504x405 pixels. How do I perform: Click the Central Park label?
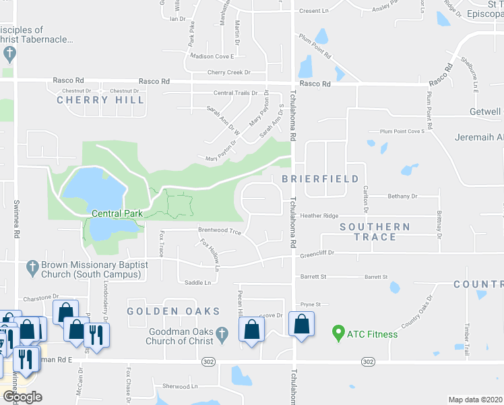(x=117, y=213)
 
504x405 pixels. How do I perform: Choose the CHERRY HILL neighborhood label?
(x=100, y=100)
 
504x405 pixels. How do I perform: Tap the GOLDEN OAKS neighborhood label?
(x=174, y=311)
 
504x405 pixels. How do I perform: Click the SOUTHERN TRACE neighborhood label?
(x=375, y=232)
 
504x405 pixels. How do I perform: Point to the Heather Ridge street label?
(x=319, y=215)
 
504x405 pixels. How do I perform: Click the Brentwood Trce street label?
(x=219, y=231)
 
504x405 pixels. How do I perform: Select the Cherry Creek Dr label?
(x=228, y=72)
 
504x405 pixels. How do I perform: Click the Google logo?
(x=22, y=396)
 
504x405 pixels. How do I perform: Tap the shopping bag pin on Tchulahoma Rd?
(x=301, y=324)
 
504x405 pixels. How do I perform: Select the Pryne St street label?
(x=310, y=304)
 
